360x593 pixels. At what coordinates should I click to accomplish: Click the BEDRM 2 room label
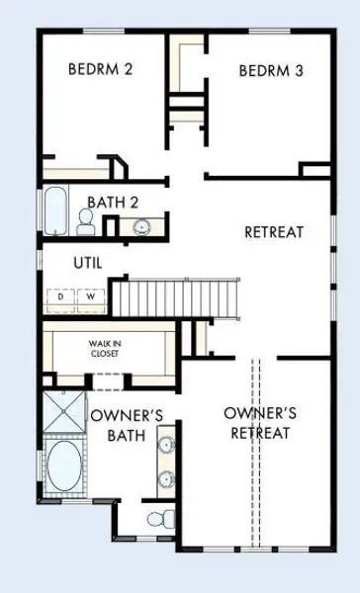(100, 69)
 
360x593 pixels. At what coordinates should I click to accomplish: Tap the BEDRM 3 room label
(271, 71)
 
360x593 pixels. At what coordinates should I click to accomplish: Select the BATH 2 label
(113, 203)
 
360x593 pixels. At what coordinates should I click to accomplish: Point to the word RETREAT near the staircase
(274, 232)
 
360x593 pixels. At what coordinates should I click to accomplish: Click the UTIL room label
(88, 263)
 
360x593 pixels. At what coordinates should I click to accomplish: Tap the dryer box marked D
(61, 296)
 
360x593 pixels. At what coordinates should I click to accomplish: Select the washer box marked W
(91, 296)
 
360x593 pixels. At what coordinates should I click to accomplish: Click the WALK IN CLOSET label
(105, 348)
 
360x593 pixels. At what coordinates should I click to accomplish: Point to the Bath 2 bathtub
(55, 211)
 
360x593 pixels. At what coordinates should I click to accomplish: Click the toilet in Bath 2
(85, 221)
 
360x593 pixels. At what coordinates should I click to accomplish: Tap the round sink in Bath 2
(142, 227)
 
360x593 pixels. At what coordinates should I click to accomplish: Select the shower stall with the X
(63, 411)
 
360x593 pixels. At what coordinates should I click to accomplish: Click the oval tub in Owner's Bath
(64, 466)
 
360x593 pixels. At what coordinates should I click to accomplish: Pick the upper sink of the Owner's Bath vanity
(166, 445)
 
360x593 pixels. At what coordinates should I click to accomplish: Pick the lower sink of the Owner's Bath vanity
(166, 479)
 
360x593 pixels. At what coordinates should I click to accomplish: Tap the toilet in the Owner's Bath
(161, 518)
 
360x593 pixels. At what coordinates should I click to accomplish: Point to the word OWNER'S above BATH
(128, 416)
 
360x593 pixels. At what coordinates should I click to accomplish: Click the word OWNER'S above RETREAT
(260, 413)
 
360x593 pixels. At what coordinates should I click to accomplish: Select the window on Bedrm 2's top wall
(103, 31)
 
